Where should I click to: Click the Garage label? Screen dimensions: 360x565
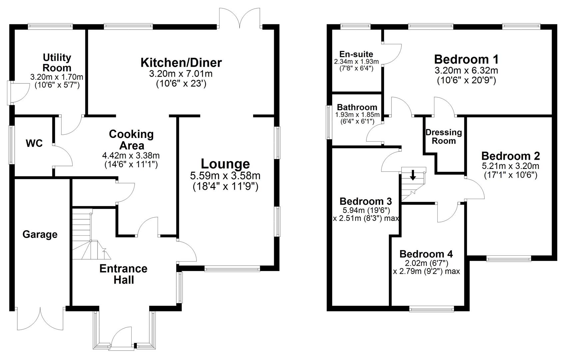click(x=40, y=235)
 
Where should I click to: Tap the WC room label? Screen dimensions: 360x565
click(x=35, y=144)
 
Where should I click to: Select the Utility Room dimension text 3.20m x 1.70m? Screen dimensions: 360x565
click(x=57, y=77)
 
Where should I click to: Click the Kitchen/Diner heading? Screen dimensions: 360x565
click(x=181, y=62)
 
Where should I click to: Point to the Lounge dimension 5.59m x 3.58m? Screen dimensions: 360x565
click(x=226, y=176)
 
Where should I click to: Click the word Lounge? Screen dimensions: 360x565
click(x=225, y=164)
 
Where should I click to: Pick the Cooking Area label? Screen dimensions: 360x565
click(x=131, y=140)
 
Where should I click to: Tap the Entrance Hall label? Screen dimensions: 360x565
click(x=123, y=274)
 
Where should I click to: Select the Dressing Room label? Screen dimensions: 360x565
click(x=444, y=137)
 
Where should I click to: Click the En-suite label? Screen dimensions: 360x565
click(x=356, y=54)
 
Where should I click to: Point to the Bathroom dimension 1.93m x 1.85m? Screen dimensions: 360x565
click(x=357, y=115)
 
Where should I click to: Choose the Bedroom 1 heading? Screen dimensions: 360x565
click(x=466, y=59)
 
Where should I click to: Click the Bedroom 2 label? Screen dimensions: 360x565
click(x=510, y=156)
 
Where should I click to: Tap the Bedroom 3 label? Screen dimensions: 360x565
click(x=365, y=201)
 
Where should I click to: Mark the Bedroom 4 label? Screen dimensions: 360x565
click(x=426, y=254)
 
